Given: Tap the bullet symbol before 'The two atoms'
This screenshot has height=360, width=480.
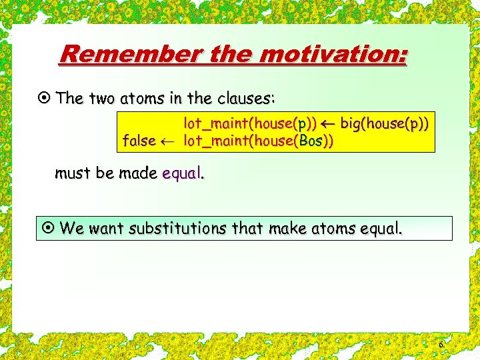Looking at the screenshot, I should (x=45, y=99).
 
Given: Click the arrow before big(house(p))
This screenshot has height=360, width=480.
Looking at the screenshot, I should (x=328, y=123).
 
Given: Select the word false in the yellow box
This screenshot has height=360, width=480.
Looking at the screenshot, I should (x=139, y=141).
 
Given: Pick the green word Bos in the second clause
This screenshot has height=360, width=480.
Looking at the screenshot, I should (x=311, y=141).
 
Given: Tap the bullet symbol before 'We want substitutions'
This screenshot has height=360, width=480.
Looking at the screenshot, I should (x=48, y=229).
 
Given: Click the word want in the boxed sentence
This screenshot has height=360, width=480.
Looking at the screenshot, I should (x=107, y=229).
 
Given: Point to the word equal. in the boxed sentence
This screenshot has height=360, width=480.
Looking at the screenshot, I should (x=379, y=229).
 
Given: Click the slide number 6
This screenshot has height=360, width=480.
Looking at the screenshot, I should (x=440, y=344).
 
